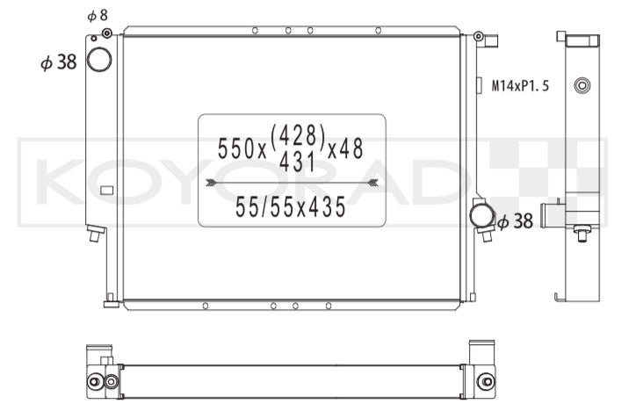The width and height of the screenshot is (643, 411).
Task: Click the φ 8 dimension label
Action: pos(98,16)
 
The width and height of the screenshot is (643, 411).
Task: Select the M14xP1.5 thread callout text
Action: pos(520,86)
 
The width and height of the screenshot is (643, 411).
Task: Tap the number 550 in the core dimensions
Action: pos(236,148)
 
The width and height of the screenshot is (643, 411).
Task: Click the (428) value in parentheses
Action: pos(298,135)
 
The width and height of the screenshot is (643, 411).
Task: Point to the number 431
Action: pos(297,162)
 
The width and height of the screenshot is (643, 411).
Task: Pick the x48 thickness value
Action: pos(345,148)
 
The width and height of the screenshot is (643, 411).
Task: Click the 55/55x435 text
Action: pos(291,206)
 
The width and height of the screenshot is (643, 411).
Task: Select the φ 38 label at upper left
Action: pos(59,62)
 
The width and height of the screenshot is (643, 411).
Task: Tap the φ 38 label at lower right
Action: pos(515,221)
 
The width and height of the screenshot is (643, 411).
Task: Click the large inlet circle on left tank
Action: pos(99,60)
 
